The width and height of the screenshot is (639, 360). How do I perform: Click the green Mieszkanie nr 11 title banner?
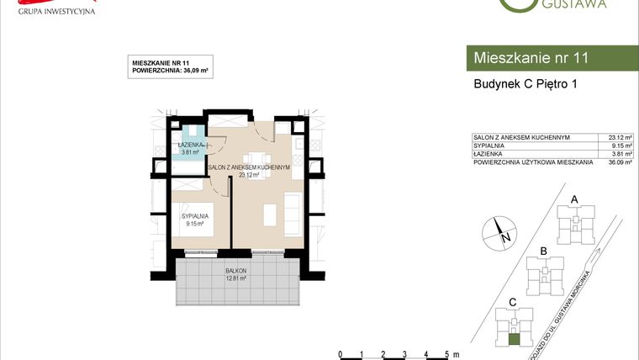(x=551, y=58)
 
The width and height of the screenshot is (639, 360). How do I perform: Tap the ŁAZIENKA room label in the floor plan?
(x=189, y=145)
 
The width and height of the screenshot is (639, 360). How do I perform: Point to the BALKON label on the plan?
(x=235, y=270)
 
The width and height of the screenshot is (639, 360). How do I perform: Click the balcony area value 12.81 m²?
(x=235, y=278)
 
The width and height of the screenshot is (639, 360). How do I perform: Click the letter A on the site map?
(x=574, y=199)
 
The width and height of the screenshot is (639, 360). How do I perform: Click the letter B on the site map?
(x=544, y=251)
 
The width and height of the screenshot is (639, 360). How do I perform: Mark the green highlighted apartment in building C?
(x=514, y=340)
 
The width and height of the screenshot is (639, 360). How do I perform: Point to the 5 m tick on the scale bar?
(x=446, y=353)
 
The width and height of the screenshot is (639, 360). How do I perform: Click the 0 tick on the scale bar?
(x=340, y=353)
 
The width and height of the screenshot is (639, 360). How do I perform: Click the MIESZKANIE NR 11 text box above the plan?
(x=171, y=67)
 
